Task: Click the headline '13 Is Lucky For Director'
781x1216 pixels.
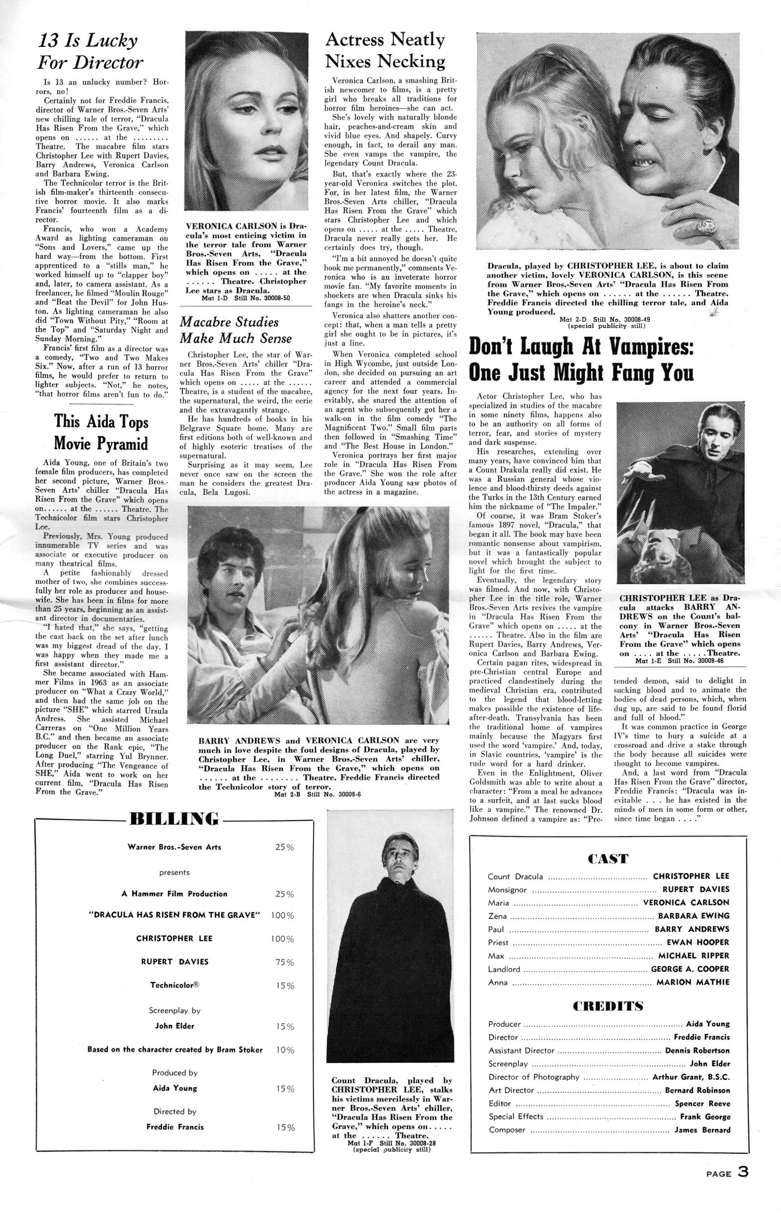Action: (90, 51)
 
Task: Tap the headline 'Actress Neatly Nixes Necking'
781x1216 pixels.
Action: (385, 50)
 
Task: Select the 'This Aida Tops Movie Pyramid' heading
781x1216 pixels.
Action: (101, 432)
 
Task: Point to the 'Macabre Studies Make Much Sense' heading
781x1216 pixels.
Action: (236, 330)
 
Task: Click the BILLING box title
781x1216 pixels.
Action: (174, 819)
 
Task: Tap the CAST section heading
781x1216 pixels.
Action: (608, 859)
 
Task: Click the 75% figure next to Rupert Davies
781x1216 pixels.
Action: (284, 963)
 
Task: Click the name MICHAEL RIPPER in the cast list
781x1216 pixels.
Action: (693, 956)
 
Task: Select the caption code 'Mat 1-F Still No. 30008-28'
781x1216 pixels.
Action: (391, 1143)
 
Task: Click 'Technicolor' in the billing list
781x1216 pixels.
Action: (174, 986)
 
